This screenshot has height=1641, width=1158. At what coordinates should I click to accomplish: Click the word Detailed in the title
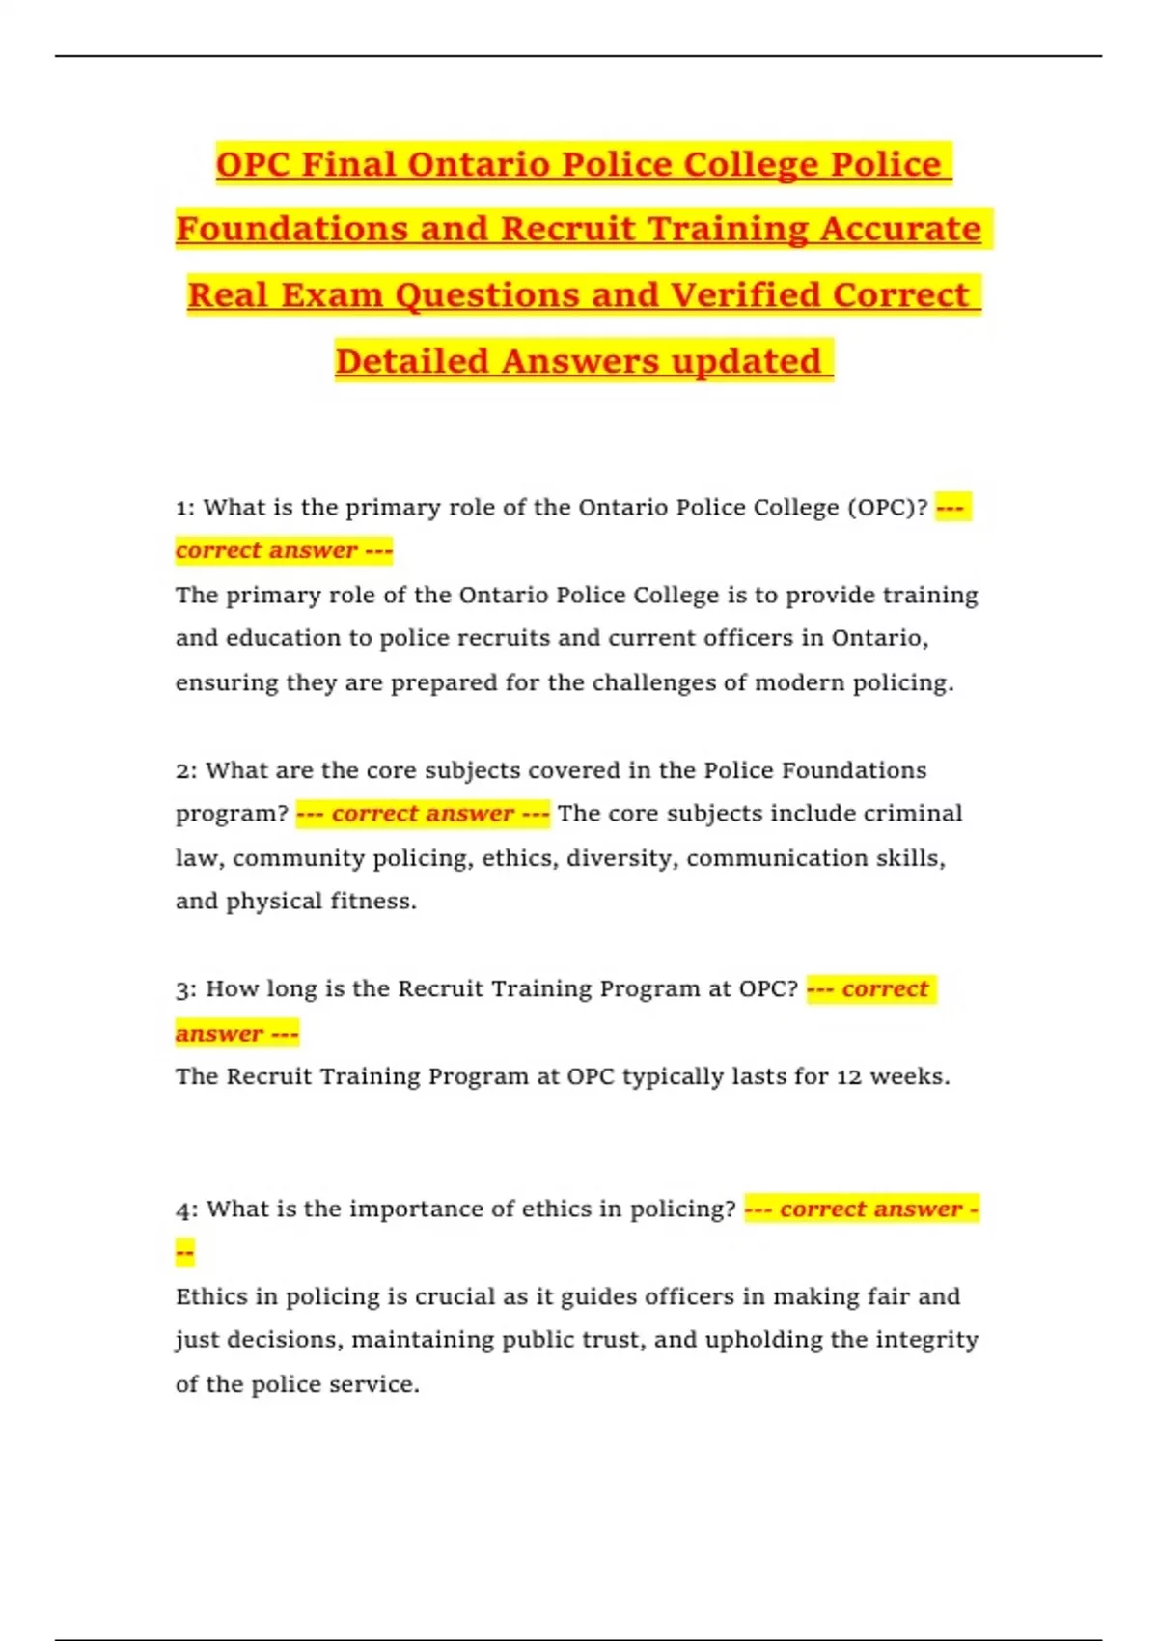(x=412, y=361)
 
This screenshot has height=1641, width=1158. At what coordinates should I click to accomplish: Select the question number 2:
(x=186, y=770)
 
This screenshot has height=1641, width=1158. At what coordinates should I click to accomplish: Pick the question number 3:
(x=186, y=989)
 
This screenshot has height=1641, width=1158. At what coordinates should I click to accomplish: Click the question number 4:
(x=186, y=1210)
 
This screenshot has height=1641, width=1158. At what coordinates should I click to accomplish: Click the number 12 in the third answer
(x=849, y=1077)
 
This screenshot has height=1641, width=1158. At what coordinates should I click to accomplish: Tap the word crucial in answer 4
(x=455, y=1296)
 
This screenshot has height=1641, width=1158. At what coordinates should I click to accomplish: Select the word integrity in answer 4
(x=926, y=1340)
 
